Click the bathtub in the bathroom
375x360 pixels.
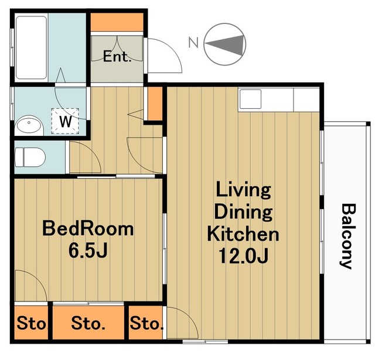[x=31, y=47]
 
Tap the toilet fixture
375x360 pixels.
[x=30, y=157]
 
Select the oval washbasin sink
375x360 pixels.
[x=29, y=125]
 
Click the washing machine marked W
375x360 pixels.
[x=65, y=121]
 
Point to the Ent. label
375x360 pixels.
[x=117, y=57]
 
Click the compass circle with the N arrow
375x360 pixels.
[x=225, y=44]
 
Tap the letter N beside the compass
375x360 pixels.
[x=193, y=42]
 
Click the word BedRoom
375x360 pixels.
[x=88, y=229]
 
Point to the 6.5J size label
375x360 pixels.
[x=88, y=251]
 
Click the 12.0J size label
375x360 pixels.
[x=244, y=255]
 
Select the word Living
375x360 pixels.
[x=243, y=190]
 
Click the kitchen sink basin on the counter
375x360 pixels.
[x=250, y=99]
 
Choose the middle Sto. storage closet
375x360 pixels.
[x=88, y=323]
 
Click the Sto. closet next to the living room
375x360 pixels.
[x=146, y=323]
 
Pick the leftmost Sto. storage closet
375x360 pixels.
[x=31, y=323]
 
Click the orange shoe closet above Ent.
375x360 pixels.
[x=117, y=22]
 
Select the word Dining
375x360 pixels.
[x=243, y=212]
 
